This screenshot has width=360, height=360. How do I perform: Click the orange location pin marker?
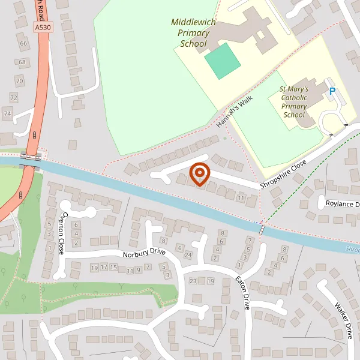[x=199, y=174]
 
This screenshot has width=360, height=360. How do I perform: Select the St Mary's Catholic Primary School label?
[x=295, y=101]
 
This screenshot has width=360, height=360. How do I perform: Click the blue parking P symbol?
[x=332, y=92]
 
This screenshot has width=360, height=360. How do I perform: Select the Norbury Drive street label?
[x=143, y=253]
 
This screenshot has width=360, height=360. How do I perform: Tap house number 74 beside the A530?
[x=7, y=113]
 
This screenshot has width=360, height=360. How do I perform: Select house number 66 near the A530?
[x=23, y=44]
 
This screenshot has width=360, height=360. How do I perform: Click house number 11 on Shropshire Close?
[x=241, y=197]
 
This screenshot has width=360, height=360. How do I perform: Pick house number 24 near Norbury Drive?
[x=188, y=254]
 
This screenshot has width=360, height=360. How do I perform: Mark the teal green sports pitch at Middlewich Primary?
[x=223, y=61]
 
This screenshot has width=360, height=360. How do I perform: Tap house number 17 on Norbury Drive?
[x=104, y=266]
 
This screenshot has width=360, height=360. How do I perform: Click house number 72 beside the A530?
[x=14, y=97]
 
